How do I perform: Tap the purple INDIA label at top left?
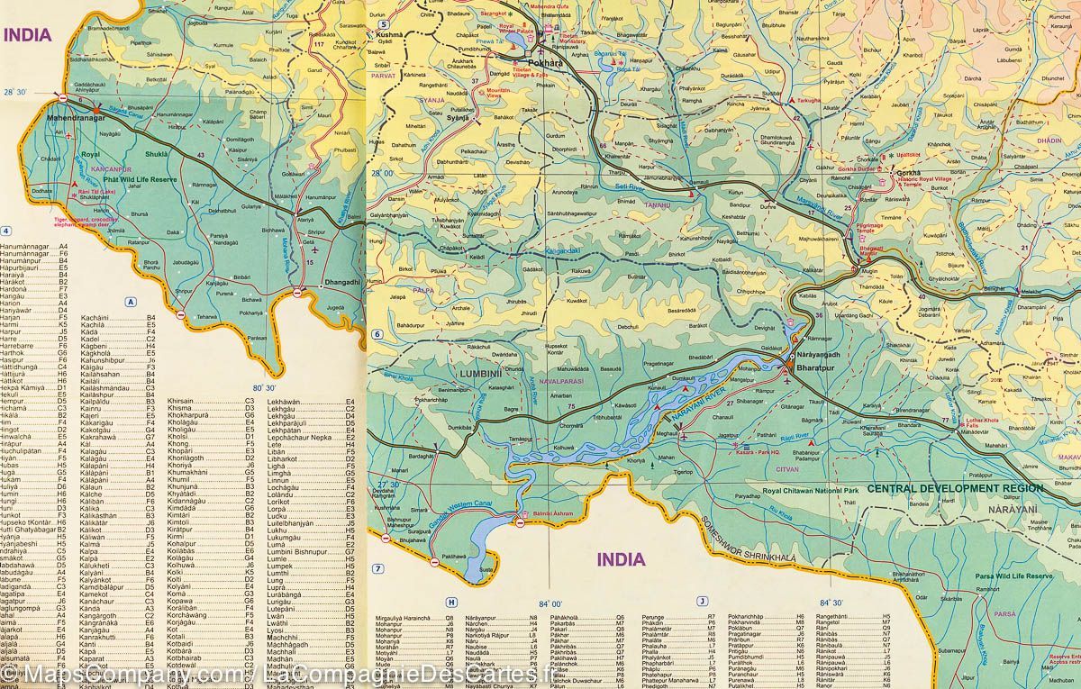click(30, 35)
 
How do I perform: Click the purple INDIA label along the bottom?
click(622, 559)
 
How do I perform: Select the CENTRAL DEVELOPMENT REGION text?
click(955, 488)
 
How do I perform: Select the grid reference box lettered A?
click(131, 302)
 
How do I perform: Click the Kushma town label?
click(390, 33)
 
